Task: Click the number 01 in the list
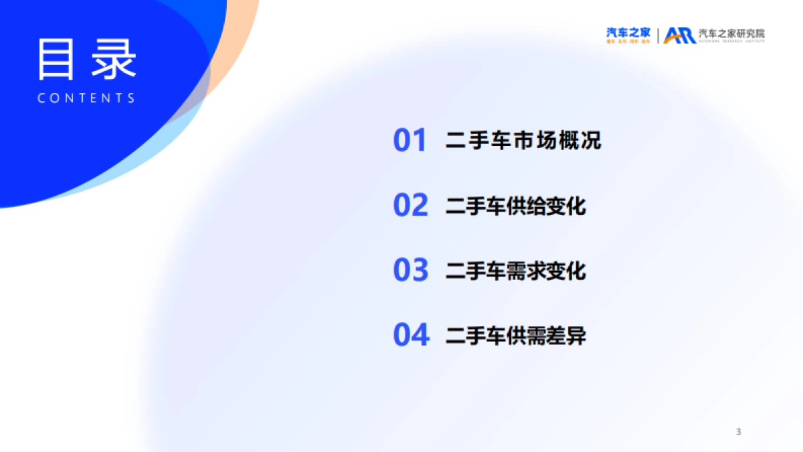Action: click(410, 141)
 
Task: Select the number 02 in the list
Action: click(410, 206)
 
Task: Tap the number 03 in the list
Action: click(410, 271)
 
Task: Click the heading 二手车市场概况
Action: click(523, 141)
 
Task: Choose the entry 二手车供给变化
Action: click(515, 206)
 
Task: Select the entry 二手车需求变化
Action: click(515, 271)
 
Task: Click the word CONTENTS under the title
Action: click(87, 98)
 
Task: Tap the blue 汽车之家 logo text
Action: click(628, 32)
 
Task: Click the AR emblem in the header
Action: click(680, 35)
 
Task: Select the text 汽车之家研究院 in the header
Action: click(731, 33)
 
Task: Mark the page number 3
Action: click(738, 432)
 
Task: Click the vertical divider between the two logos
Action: click(658, 35)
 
